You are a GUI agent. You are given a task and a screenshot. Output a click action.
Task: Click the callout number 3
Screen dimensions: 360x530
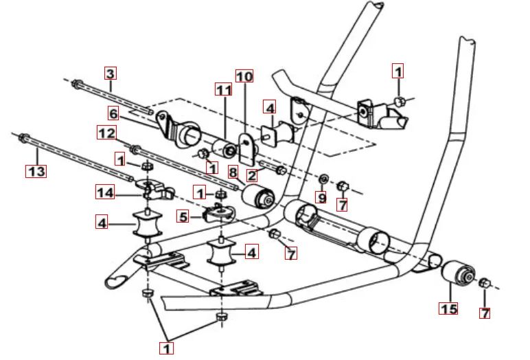tap(111, 72)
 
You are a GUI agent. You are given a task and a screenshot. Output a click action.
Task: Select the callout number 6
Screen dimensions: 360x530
tap(113, 112)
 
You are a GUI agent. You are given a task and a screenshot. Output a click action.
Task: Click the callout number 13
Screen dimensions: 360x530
tap(36, 170)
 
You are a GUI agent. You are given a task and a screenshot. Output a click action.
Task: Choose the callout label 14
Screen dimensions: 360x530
tap(105, 193)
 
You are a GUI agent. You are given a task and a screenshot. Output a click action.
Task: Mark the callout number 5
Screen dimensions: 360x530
tap(183, 216)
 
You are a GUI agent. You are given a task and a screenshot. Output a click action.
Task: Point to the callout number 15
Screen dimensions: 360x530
tap(449, 308)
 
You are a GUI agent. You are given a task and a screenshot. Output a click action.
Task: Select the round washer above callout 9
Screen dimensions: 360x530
tap(323, 179)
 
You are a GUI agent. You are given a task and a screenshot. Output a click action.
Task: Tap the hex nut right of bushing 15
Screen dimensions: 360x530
tap(485, 282)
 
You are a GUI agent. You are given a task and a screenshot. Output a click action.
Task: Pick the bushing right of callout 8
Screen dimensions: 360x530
tap(264, 199)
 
